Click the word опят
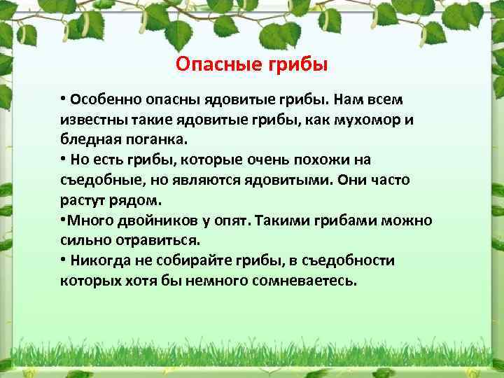pos(232,220)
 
